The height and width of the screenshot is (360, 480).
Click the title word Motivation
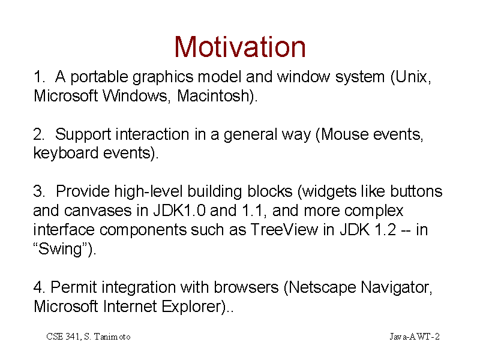(240, 47)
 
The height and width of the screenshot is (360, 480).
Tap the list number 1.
(39, 77)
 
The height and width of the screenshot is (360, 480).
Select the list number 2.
(39, 134)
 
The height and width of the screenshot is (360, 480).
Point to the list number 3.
(39, 191)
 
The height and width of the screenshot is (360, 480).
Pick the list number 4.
(39, 287)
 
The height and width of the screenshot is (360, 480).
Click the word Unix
(411, 77)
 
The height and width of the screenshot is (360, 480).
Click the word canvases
(98, 211)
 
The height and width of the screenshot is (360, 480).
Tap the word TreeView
(284, 230)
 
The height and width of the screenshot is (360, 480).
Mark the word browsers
(246, 287)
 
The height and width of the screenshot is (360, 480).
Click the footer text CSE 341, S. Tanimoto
(88, 337)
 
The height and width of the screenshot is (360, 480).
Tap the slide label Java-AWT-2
(415, 337)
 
